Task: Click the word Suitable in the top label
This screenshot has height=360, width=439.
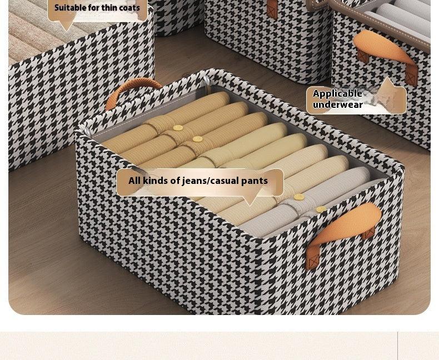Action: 69,8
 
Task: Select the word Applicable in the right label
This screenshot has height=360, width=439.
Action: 337,93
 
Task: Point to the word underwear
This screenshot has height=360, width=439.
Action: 337,104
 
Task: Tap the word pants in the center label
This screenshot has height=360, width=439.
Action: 255,181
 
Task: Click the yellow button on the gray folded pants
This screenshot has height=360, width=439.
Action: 321,209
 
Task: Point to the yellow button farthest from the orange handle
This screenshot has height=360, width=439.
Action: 178,128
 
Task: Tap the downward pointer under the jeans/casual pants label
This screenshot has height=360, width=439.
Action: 250,200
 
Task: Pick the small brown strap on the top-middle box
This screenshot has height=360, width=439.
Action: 272,8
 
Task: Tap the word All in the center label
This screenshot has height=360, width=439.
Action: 134,181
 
